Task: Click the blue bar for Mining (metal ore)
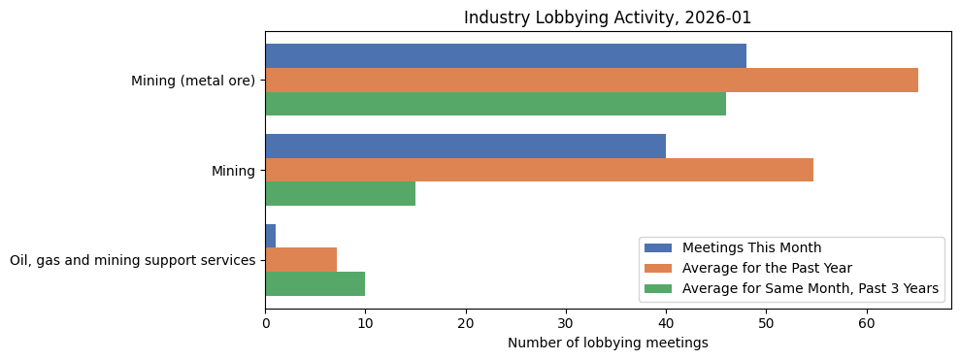505,56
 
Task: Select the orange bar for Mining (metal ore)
591,81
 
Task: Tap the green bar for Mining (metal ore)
495,104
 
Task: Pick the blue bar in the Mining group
465,147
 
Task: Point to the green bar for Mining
340,194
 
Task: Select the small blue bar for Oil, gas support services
270,236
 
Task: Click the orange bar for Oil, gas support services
301,260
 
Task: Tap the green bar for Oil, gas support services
314,283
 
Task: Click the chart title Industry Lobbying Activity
608,17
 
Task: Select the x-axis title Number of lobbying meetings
608,343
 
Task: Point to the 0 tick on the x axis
265,324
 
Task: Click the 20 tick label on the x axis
466,324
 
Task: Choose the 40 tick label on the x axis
666,324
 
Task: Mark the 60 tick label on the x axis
867,324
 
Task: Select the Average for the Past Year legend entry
766,268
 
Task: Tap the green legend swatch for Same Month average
659,288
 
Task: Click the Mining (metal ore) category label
193,81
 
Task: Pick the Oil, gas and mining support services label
133,260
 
